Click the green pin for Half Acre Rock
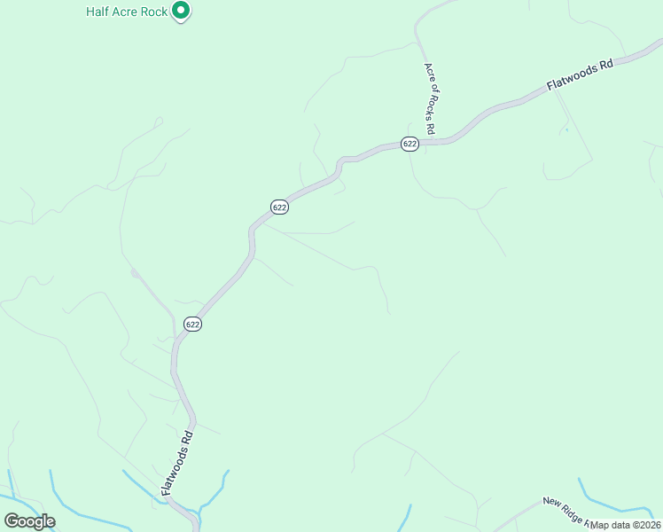(181, 11)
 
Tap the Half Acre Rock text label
(127, 12)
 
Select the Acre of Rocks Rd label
(429, 98)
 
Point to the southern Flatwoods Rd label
(176, 463)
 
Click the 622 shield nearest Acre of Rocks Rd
(409, 144)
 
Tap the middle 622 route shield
(279, 207)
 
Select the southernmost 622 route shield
(193, 324)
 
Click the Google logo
(29, 521)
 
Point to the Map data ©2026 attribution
(626, 524)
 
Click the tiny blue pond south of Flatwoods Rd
(566, 130)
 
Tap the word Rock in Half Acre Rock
(154, 12)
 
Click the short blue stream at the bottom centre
(407, 518)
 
